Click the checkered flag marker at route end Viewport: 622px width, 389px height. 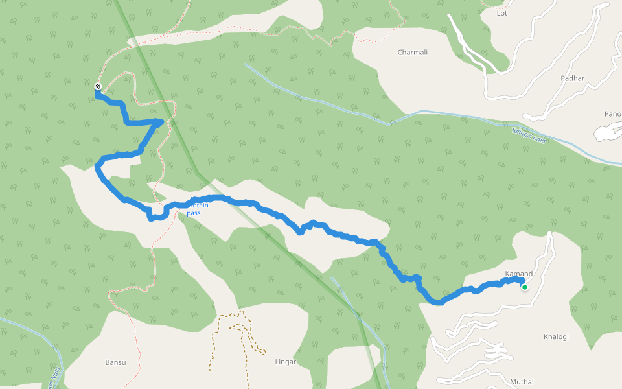coord(98,86)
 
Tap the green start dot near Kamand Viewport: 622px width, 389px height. coord(524,287)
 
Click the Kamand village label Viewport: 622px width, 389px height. coord(518,274)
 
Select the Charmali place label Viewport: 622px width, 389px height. coord(413,52)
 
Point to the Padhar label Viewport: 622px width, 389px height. coord(572,78)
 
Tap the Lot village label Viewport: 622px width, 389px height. coord(501,12)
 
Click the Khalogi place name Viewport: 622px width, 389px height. coord(556,336)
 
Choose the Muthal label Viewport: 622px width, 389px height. coord(522,381)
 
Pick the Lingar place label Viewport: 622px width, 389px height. coord(285,362)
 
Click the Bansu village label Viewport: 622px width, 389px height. coord(115,362)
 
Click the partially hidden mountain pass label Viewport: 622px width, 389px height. coord(194,209)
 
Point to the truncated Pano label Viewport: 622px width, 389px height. coord(612,114)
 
